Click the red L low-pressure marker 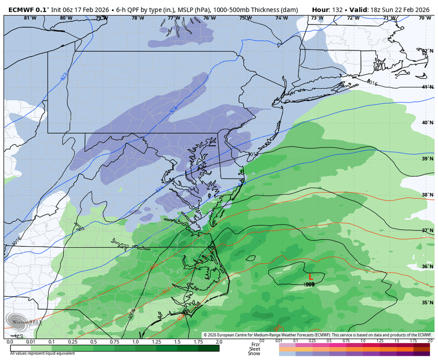tap(310, 276)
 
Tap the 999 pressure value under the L tap(309, 285)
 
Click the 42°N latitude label tap(427, 51)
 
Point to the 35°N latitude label tap(427, 302)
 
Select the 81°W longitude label tap(30, 18)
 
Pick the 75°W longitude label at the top tap(245, 18)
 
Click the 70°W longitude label tap(424, 18)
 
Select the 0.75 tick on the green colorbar tap(115, 342)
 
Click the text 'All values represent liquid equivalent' tap(42, 354)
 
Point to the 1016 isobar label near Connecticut tap(371, 83)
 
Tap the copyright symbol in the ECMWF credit tap(205, 335)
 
